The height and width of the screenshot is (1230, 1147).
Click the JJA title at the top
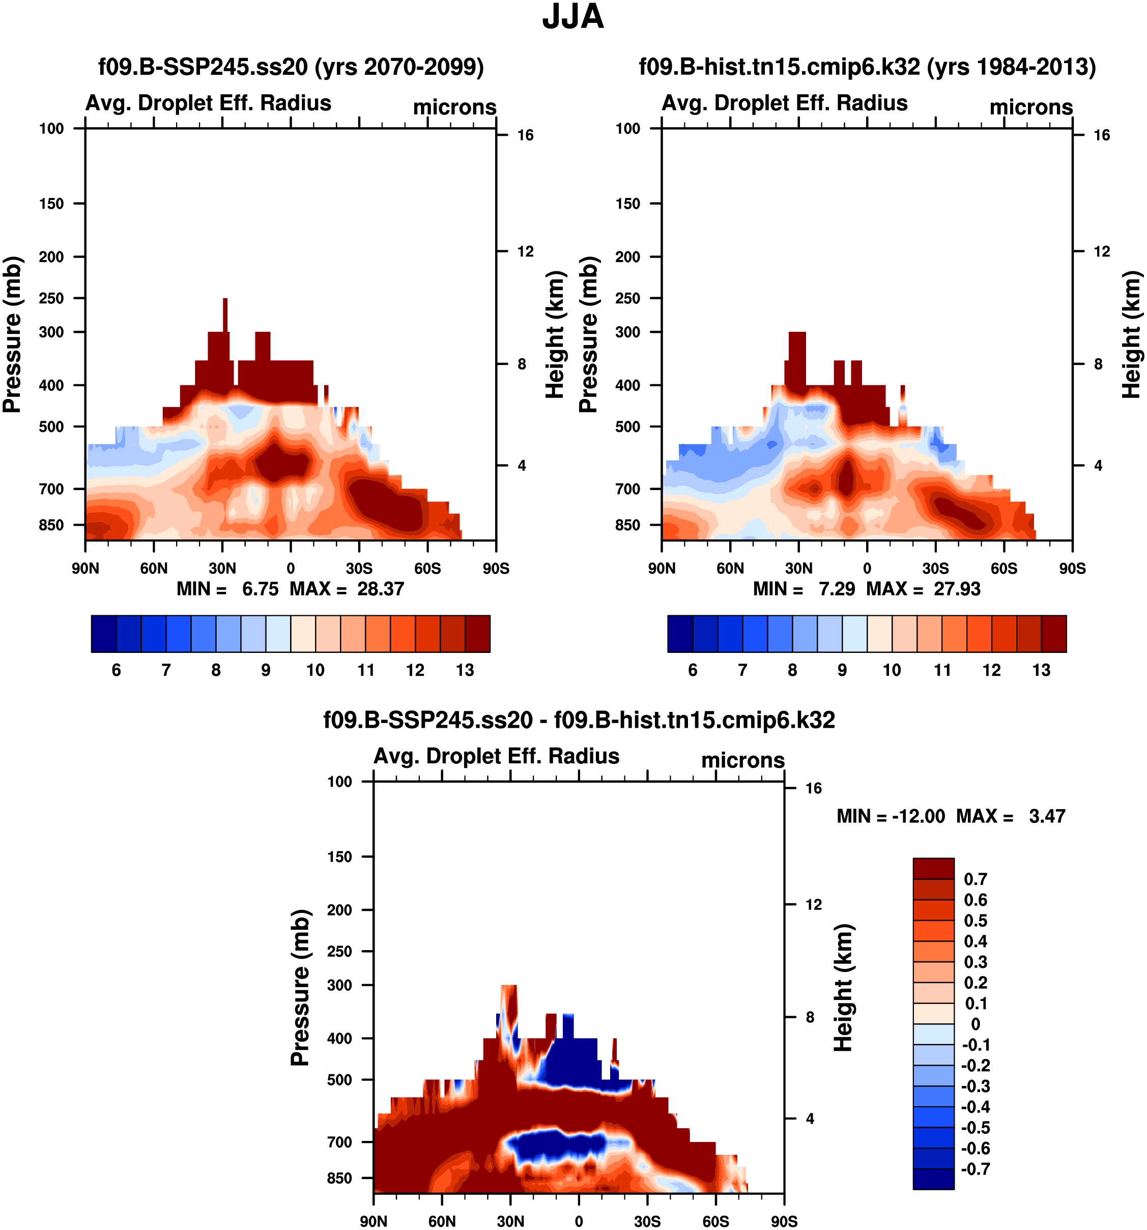(x=573, y=17)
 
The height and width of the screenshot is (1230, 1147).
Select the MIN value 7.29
(x=837, y=588)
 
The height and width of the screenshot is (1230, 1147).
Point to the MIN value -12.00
(x=918, y=816)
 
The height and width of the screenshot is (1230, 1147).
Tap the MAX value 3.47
(x=1047, y=816)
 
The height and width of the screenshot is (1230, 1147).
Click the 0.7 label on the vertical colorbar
(x=976, y=879)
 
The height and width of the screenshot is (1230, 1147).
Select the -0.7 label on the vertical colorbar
(x=976, y=1169)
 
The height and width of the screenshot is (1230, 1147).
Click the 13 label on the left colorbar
(x=465, y=670)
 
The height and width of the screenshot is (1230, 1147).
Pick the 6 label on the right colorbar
(x=693, y=670)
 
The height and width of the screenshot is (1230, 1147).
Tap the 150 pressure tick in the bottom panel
(x=339, y=857)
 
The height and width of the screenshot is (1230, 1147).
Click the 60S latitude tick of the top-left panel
(x=427, y=568)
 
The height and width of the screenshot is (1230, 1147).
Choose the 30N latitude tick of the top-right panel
(x=799, y=568)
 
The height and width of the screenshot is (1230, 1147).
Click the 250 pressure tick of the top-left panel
(x=51, y=298)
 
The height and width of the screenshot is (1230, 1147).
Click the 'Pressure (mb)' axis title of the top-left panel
(x=12, y=334)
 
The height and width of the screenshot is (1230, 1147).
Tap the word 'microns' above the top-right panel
(x=1031, y=107)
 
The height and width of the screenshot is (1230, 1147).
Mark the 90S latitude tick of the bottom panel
(x=784, y=1221)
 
